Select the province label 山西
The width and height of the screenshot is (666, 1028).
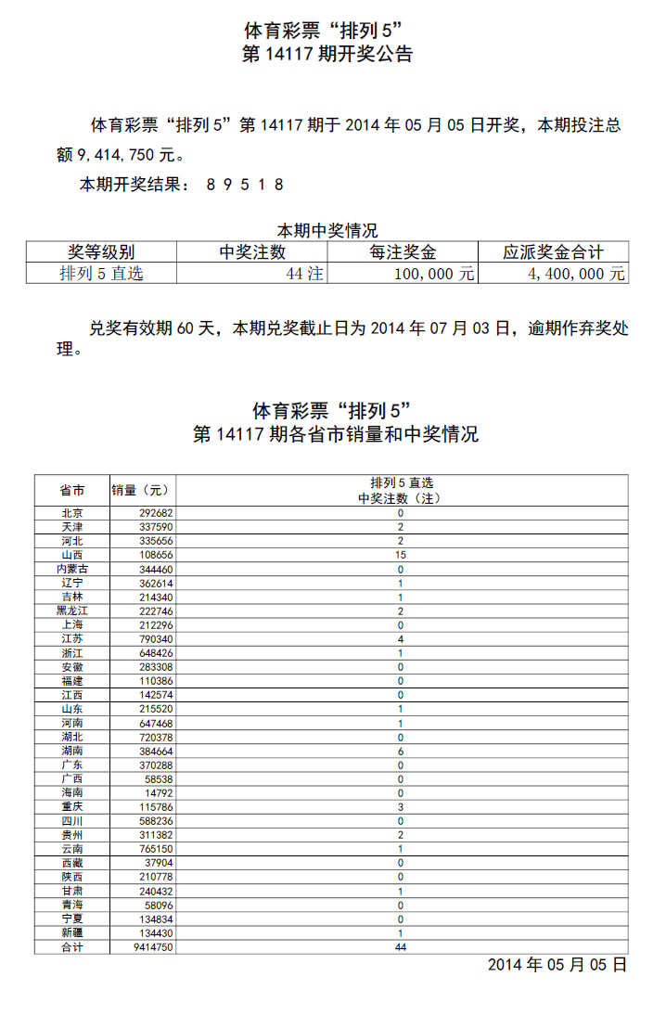72,555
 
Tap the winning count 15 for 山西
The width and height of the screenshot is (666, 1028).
401,555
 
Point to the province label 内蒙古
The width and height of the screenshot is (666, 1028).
72,569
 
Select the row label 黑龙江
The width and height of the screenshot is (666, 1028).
72,611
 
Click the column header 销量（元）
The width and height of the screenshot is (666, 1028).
142,490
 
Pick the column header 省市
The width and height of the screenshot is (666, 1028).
72,490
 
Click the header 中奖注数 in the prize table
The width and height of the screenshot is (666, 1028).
252,252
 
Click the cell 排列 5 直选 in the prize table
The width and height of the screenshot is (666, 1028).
102,275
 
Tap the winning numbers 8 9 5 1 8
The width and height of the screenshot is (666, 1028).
245,185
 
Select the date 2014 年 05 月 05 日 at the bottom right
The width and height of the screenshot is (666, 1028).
557,966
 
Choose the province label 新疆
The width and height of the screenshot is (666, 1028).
72,933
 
